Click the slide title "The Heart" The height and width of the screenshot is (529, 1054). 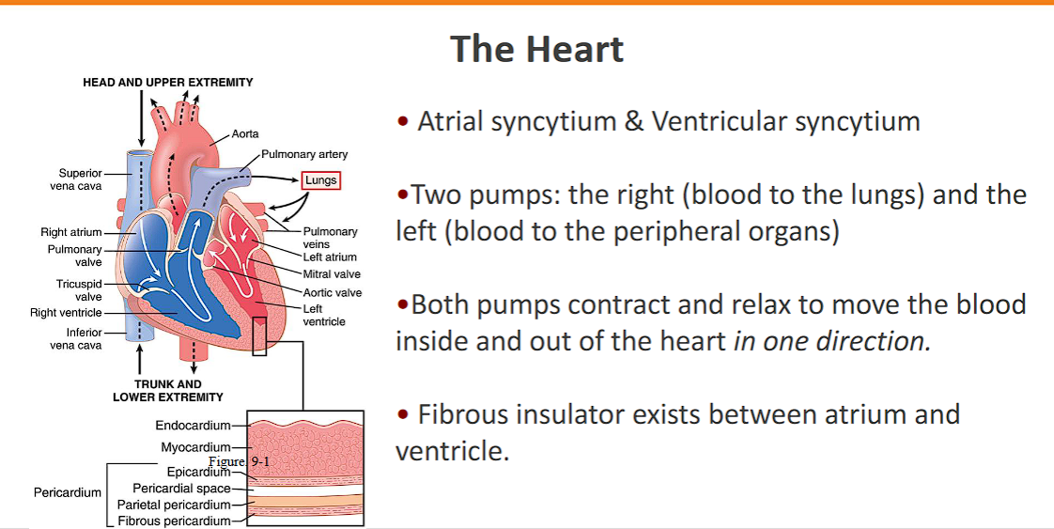coord(536,49)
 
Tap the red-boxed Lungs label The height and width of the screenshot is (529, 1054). coord(320,180)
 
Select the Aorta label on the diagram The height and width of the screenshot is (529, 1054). coord(245,134)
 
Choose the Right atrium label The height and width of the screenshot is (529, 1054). coord(71,232)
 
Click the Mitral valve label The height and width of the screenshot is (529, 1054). coord(332,274)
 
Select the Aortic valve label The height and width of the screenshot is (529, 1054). coord(333,292)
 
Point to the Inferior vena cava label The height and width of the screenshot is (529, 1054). coord(76,338)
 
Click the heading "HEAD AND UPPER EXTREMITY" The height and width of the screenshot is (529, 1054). coord(168,83)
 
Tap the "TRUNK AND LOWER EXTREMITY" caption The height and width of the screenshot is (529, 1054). coord(168,390)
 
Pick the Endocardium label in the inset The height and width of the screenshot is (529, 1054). coord(193,426)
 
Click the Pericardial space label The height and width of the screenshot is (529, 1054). coord(181,488)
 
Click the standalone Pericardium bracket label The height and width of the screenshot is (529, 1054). coord(68,491)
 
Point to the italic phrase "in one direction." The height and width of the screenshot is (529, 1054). coord(832,340)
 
